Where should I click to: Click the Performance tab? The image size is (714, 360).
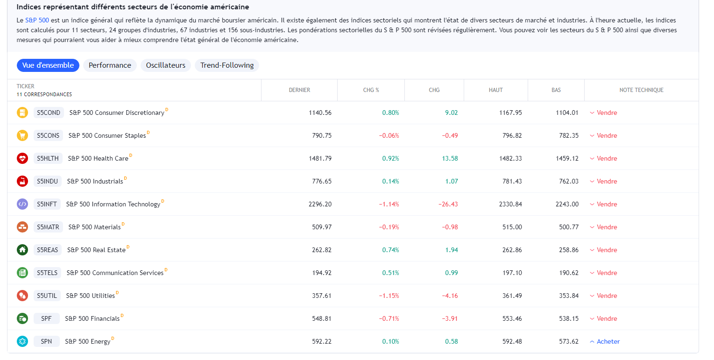110,65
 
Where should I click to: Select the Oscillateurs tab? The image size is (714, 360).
165,65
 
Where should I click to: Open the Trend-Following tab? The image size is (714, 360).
227,65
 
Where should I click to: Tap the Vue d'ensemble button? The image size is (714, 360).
48,65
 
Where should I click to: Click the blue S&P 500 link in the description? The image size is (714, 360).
37,21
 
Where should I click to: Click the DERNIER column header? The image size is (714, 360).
299,90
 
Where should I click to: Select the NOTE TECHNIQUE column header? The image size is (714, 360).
641,90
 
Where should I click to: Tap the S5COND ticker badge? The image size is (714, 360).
49,113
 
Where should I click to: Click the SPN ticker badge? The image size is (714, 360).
46,341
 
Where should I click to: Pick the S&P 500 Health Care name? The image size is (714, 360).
98,158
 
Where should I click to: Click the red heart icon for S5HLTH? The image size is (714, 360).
22,158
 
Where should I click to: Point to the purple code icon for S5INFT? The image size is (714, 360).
22,204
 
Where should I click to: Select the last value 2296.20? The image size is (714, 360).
320,204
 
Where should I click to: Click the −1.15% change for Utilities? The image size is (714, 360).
389,296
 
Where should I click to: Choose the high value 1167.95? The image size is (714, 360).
510,113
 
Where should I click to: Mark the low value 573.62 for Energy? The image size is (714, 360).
568,341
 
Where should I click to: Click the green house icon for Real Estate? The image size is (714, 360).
22,250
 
